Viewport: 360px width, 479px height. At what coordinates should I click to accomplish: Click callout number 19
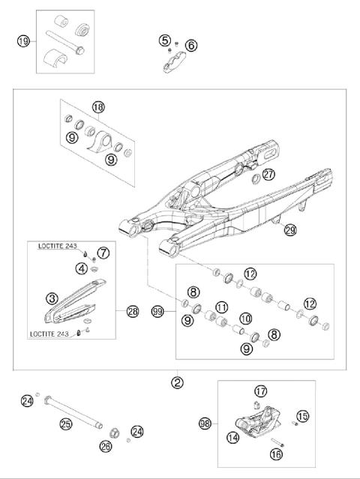pyautogui.click(x=23, y=42)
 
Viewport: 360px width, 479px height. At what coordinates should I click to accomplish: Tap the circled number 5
pyautogui.click(x=165, y=40)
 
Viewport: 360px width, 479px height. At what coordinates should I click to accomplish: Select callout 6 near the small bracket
pyautogui.click(x=191, y=46)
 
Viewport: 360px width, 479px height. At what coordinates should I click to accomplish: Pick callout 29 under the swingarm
pyautogui.click(x=289, y=231)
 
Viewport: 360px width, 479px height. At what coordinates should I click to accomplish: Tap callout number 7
pyautogui.click(x=103, y=253)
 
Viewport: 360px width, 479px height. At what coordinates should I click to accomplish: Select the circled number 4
pyautogui.click(x=81, y=268)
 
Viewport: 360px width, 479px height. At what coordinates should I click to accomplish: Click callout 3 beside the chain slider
pyautogui.click(x=52, y=299)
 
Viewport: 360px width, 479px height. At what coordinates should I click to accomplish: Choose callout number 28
pyautogui.click(x=133, y=310)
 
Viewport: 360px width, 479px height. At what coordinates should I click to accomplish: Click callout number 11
pyautogui.click(x=222, y=307)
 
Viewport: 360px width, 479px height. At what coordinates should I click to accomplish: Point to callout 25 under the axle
pyautogui.click(x=65, y=425)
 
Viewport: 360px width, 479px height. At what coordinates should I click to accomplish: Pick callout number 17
pyautogui.click(x=260, y=391)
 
